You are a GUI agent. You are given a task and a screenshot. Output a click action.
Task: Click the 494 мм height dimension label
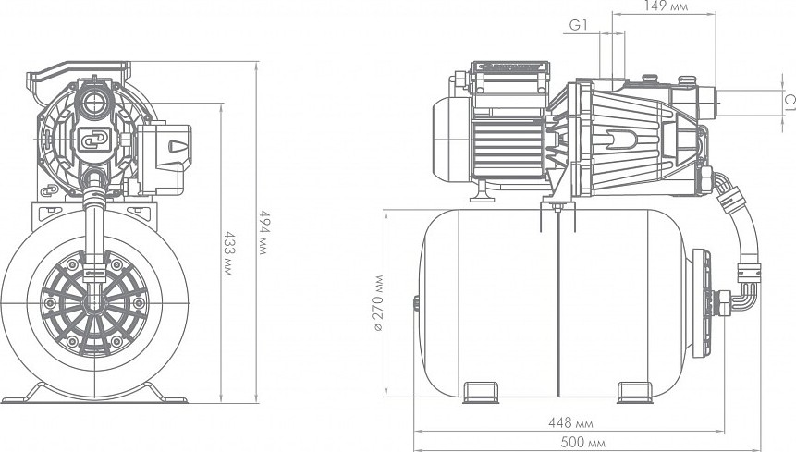coord(264,232)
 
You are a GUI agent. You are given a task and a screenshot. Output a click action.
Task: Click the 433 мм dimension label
coord(229,253)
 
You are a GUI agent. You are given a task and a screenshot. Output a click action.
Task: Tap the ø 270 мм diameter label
coord(379,303)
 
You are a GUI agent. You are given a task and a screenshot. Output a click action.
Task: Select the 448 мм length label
coord(570,422)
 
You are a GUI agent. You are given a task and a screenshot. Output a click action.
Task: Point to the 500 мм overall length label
coord(582,443)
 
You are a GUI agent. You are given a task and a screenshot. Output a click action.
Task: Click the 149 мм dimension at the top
coord(666,6)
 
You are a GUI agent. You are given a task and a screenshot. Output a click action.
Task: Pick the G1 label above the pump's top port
coord(578,25)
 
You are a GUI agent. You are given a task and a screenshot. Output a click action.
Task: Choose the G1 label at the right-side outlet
coord(790,101)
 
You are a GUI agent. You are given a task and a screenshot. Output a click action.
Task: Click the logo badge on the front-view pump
coord(94,139)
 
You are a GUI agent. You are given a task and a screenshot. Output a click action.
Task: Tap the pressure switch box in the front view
coord(164,158)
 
